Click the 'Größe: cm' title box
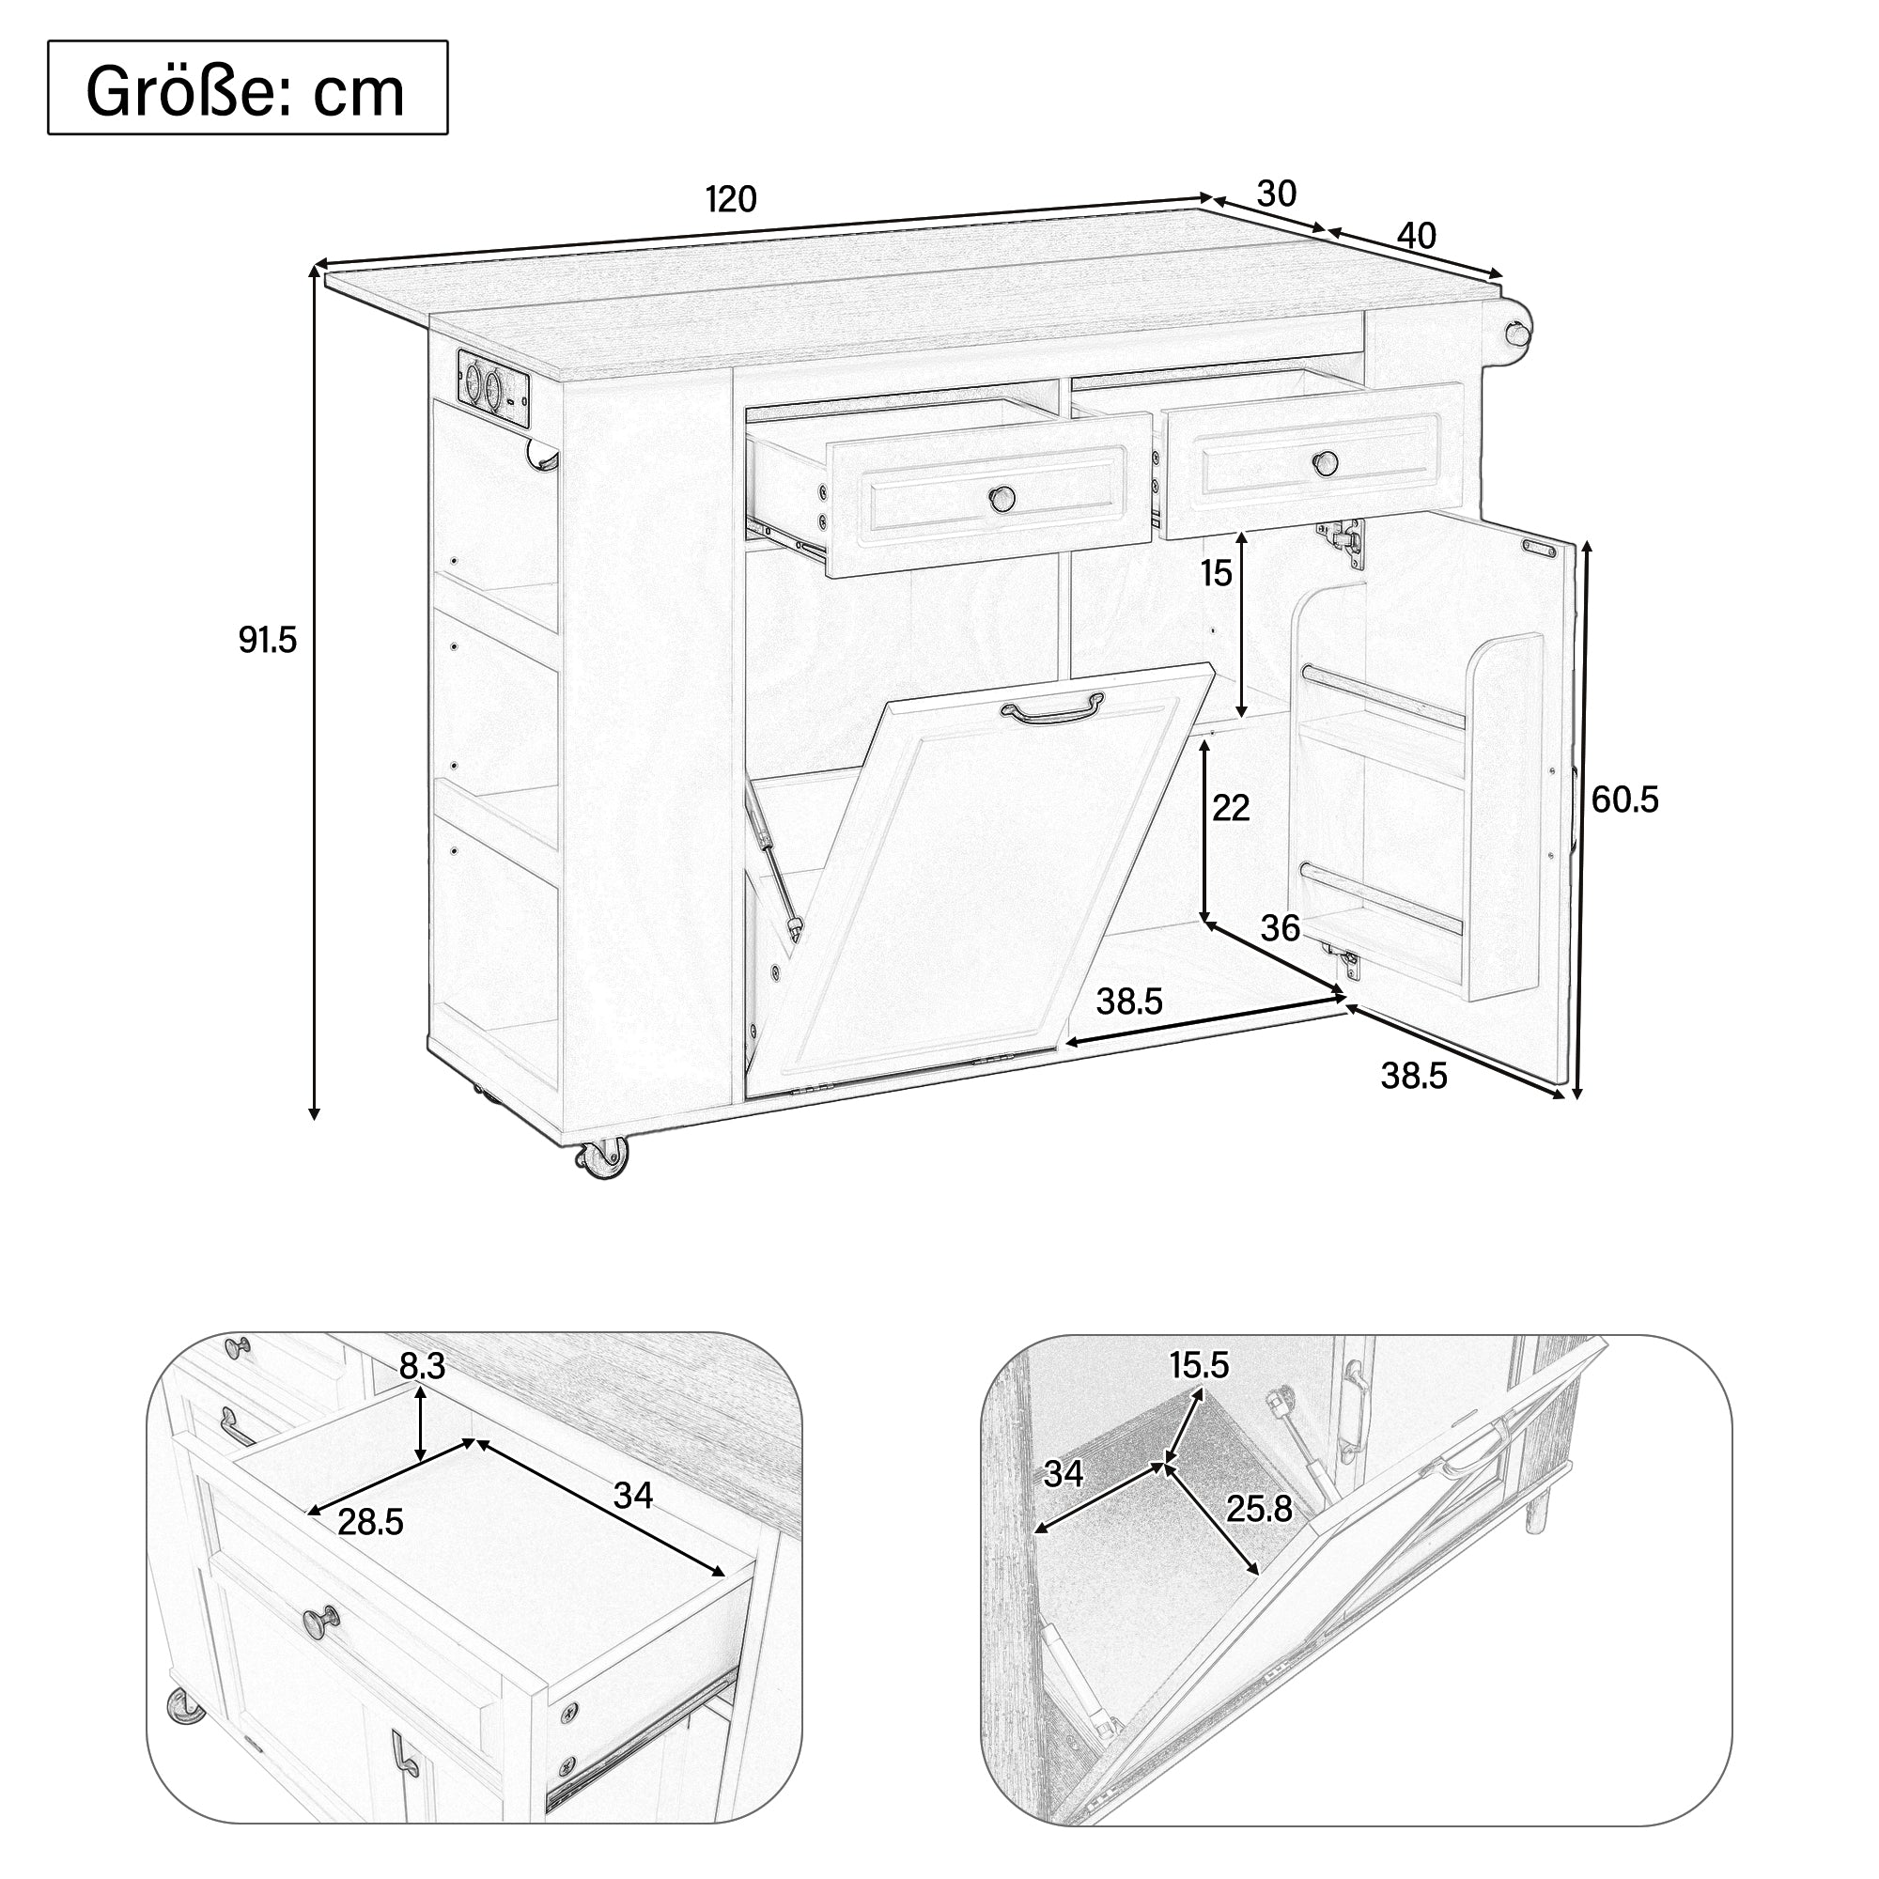[247, 87]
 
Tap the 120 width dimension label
[730, 200]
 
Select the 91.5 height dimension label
[268, 640]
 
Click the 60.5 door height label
[1624, 800]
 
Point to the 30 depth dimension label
[1276, 194]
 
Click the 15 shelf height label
[1216, 574]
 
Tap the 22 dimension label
[1231, 808]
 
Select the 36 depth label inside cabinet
[1280, 929]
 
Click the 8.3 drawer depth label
[423, 1366]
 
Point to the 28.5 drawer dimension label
[370, 1522]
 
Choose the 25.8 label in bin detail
[1259, 1510]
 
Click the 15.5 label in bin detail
[1199, 1365]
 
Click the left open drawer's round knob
[1001, 499]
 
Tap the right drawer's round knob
[1324, 463]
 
